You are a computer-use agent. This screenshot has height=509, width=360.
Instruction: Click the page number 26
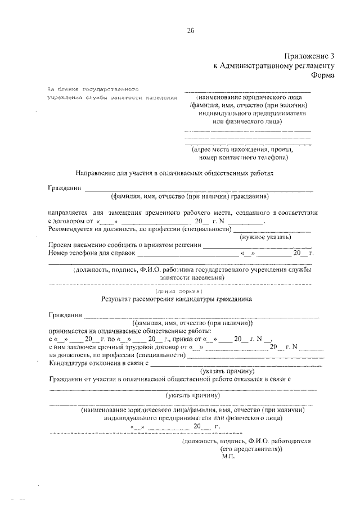point(190,31)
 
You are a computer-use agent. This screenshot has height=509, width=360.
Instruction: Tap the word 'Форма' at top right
point(322,76)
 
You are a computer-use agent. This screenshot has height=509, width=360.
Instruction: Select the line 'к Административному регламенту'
point(274,66)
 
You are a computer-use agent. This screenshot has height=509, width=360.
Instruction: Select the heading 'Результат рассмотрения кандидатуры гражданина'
point(177,300)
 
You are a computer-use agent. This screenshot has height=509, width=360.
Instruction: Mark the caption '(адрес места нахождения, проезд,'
point(242,150)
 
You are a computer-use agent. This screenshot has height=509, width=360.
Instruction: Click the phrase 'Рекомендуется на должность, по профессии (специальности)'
point(139,229)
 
